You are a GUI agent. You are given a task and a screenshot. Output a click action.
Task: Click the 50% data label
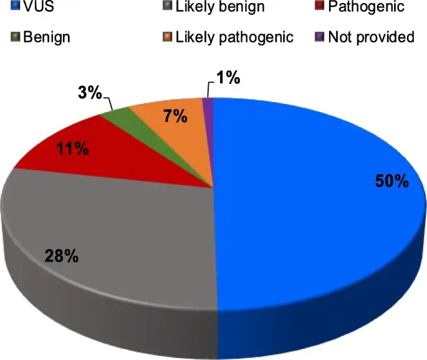point(391,181)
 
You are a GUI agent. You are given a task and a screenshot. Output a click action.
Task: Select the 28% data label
point(60,255)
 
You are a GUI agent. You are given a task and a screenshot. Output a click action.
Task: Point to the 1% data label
point(228,78)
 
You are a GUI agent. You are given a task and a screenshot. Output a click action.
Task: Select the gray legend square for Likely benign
point(166,7)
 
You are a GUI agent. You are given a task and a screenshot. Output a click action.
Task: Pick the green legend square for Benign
point(14,37)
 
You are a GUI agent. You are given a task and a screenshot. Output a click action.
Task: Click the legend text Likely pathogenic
point(234,37)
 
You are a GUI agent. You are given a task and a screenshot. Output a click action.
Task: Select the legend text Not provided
point(371,37)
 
